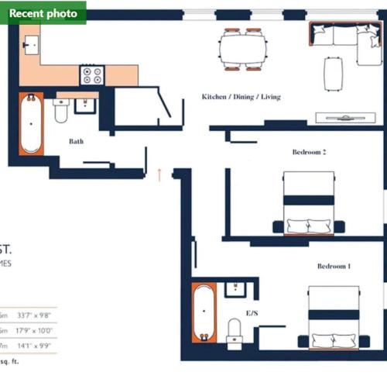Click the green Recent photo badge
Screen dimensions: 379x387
[43, 12]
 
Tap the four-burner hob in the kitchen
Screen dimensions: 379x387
[92, 75]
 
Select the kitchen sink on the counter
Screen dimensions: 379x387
[31, 46]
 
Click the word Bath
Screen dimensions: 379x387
[76, 141]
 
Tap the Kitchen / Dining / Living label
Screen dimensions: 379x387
[241, 97]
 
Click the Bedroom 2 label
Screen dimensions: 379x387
[309, 153]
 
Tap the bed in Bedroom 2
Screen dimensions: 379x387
[309, 202]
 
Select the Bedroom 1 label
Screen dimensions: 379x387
[334, 266]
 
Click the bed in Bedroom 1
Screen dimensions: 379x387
[334, 319]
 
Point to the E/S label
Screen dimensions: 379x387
[252, 313]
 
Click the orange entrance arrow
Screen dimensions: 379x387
[159, 174]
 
